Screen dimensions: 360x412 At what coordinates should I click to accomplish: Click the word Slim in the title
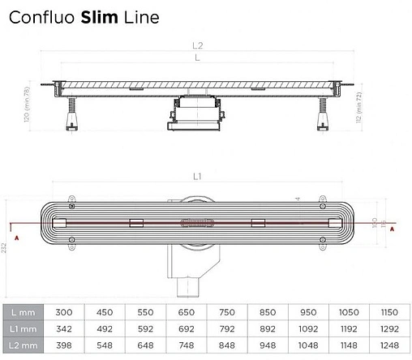click(99, 15)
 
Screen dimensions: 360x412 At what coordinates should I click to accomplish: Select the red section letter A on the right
click(393, 229)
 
